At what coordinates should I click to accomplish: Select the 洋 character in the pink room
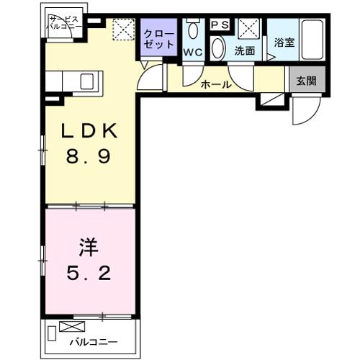86,248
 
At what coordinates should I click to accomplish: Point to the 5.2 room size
90,274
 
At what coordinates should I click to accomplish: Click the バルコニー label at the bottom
93,343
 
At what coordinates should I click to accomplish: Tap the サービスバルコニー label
62,23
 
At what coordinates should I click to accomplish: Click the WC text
192,53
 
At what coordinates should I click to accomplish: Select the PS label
219,24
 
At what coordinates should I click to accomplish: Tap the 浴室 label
284,42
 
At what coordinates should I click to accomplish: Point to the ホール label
217,84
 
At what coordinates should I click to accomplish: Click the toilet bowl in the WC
192,30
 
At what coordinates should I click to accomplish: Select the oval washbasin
219,48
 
